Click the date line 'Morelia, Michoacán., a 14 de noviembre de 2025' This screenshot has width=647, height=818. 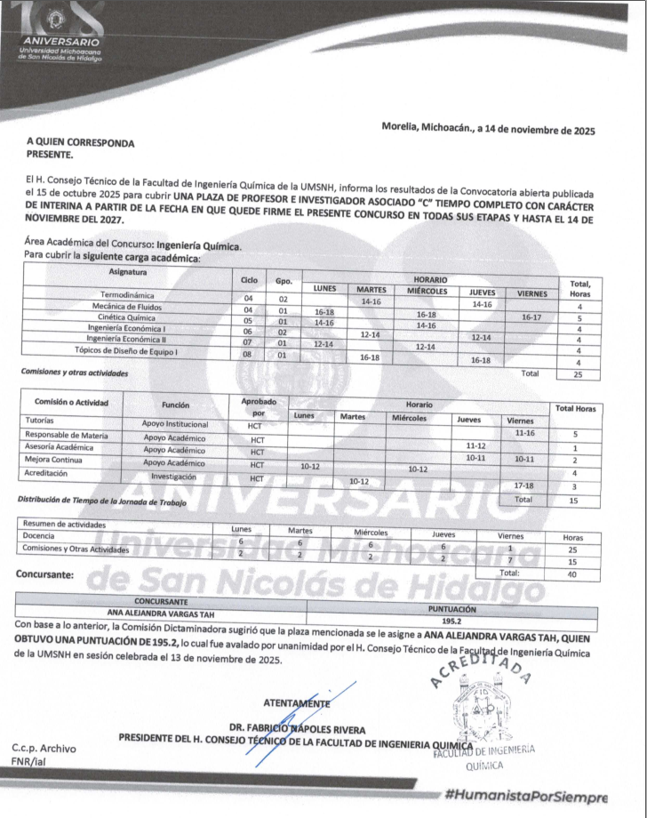[488, 129]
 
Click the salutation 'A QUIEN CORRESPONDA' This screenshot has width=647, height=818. [81, 142]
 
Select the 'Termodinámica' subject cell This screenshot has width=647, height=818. [127, 295]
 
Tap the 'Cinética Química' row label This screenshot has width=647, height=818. [128, 317]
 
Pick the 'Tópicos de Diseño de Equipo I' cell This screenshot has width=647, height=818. [128, 351]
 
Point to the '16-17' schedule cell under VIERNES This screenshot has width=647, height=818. [532, 317]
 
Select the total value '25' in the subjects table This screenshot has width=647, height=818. [579, 374]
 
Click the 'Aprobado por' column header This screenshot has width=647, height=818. [256, 407]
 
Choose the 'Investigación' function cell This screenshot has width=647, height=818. [174, 477]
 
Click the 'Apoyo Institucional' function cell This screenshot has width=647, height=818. [174, 424]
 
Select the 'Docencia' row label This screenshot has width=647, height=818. [39, 536]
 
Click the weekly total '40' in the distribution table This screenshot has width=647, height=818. [573, 573]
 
